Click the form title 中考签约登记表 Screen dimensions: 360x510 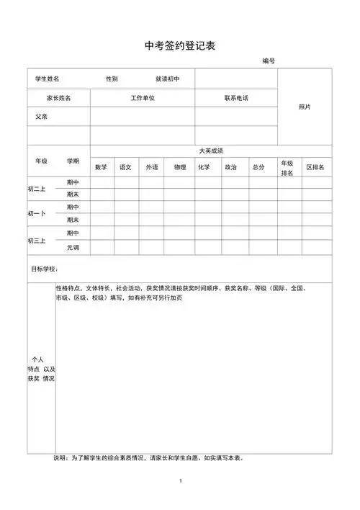[179, 45]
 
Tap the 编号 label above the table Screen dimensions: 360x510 [269, 62]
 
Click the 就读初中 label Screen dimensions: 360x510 [167, 78]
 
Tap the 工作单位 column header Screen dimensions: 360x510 [143, 97]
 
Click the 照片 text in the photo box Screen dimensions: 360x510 [305, 107]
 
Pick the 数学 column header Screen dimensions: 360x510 [101, 167]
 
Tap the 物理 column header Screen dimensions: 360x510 [179, 167]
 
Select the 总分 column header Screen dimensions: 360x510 [258, 167]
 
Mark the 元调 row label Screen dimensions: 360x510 [73, 247]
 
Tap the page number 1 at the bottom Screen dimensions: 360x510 [181, 480]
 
